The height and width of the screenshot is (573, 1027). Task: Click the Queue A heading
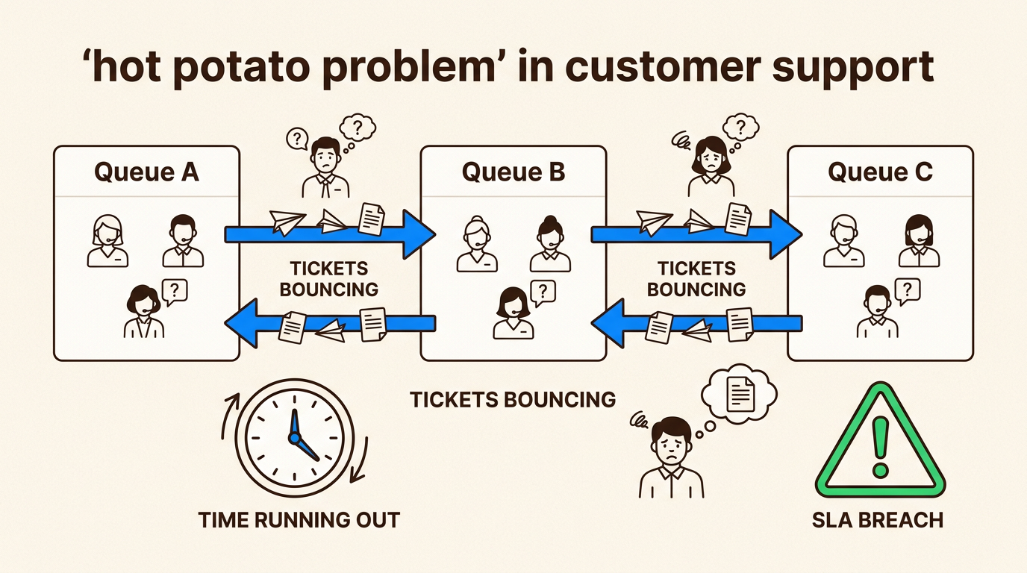coord(146,172)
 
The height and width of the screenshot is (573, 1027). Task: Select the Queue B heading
coord(513,172)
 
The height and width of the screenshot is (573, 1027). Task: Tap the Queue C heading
coord(880,172)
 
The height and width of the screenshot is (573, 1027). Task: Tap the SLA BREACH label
coord(877,519)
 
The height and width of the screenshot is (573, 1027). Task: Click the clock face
coord(294,436)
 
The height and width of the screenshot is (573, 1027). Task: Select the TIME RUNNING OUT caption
coord(299,519)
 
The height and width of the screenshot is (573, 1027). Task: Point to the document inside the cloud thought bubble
coord(740,392)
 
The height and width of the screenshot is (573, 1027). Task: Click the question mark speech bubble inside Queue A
coord(174,291)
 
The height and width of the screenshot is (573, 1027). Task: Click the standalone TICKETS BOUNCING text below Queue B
coord(513,399)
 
